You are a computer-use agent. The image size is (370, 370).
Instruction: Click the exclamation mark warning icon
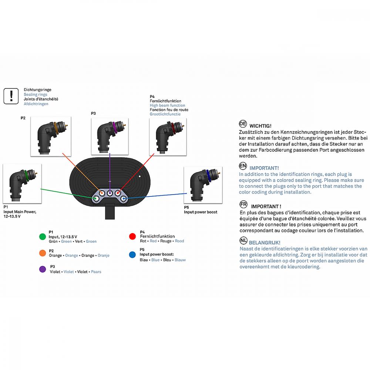(11, 96)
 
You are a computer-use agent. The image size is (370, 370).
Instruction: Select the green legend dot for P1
(43, 236)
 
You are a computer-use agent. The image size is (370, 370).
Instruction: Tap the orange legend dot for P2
(43, 253)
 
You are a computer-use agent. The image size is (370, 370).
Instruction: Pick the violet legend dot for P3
(43, 269)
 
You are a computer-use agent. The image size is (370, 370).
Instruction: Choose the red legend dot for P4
(132, 236)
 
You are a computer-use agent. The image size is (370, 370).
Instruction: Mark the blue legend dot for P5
(132, 255)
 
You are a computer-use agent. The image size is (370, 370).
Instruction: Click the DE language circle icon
(243, 124)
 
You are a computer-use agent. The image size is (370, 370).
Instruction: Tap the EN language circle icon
(243, 166)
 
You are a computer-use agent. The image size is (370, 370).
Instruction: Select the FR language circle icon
(243, 204)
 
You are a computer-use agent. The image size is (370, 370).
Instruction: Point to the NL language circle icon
(243, 241)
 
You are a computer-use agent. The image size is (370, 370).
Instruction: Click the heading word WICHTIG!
(260, 126)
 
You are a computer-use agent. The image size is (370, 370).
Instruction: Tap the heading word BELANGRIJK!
(265, 243)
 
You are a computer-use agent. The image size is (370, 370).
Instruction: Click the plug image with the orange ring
(51, 136)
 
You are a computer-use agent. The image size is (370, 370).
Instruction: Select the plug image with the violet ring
(110, 137)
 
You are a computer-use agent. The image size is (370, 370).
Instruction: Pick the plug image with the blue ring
(203, 185)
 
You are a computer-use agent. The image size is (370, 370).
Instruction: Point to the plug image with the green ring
(22, 184)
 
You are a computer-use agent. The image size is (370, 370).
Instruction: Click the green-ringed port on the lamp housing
(95, 199)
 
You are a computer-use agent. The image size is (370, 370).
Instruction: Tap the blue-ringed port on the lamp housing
(124, 199)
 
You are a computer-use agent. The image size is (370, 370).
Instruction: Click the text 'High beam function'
(167, 105)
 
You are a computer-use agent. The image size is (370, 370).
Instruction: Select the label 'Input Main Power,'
(20, 212)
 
